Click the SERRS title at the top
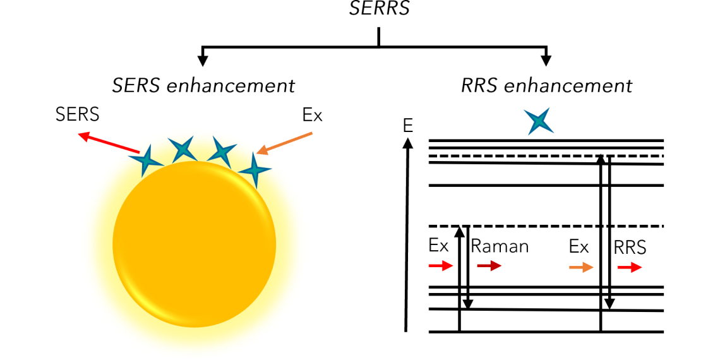pos(378,8)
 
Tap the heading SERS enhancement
pos(203,86)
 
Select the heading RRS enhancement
pos(546,86)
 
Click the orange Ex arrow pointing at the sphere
pos(285,143)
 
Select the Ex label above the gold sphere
pos(313,116)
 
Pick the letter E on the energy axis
pos(407,126)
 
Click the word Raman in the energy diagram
pos(500,246)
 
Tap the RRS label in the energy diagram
pos(630,248)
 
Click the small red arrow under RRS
pos(630,267)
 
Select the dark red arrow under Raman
pos(489,267)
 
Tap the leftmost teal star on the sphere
pos(146,160)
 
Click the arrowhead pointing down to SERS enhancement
pos(203,61)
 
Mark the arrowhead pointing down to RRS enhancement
pos(546,61)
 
